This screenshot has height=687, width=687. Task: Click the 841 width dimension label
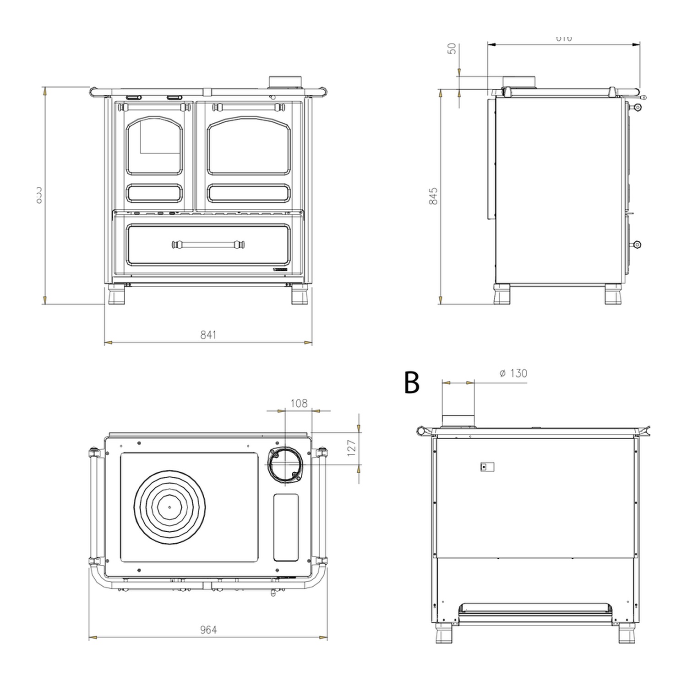point(208,335)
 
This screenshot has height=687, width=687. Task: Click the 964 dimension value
point(208,630)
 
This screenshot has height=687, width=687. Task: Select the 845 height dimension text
point(433,196)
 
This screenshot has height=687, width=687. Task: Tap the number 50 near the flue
point(452,49)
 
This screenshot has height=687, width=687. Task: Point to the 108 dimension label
point(299,403)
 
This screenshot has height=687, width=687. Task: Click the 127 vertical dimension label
point(352,448)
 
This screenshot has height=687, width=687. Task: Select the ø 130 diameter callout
point(513,373)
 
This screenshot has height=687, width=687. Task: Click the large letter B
point(412,382)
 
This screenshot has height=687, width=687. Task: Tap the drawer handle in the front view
point(208,245)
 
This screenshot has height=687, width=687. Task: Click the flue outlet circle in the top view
point(285,464)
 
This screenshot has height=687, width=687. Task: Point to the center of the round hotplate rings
point(169,507)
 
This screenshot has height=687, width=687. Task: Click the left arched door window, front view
point(154,145)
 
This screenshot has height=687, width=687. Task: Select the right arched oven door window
point(249,145)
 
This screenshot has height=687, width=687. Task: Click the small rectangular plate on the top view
point(286,527)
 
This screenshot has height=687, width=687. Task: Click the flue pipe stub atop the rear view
point(458,420)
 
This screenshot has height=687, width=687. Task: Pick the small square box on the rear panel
point(487,467)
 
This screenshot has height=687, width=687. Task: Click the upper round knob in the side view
point(637,107)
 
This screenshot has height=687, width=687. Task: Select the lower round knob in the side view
point(637,245)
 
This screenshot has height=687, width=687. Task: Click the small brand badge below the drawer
point(280,271)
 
